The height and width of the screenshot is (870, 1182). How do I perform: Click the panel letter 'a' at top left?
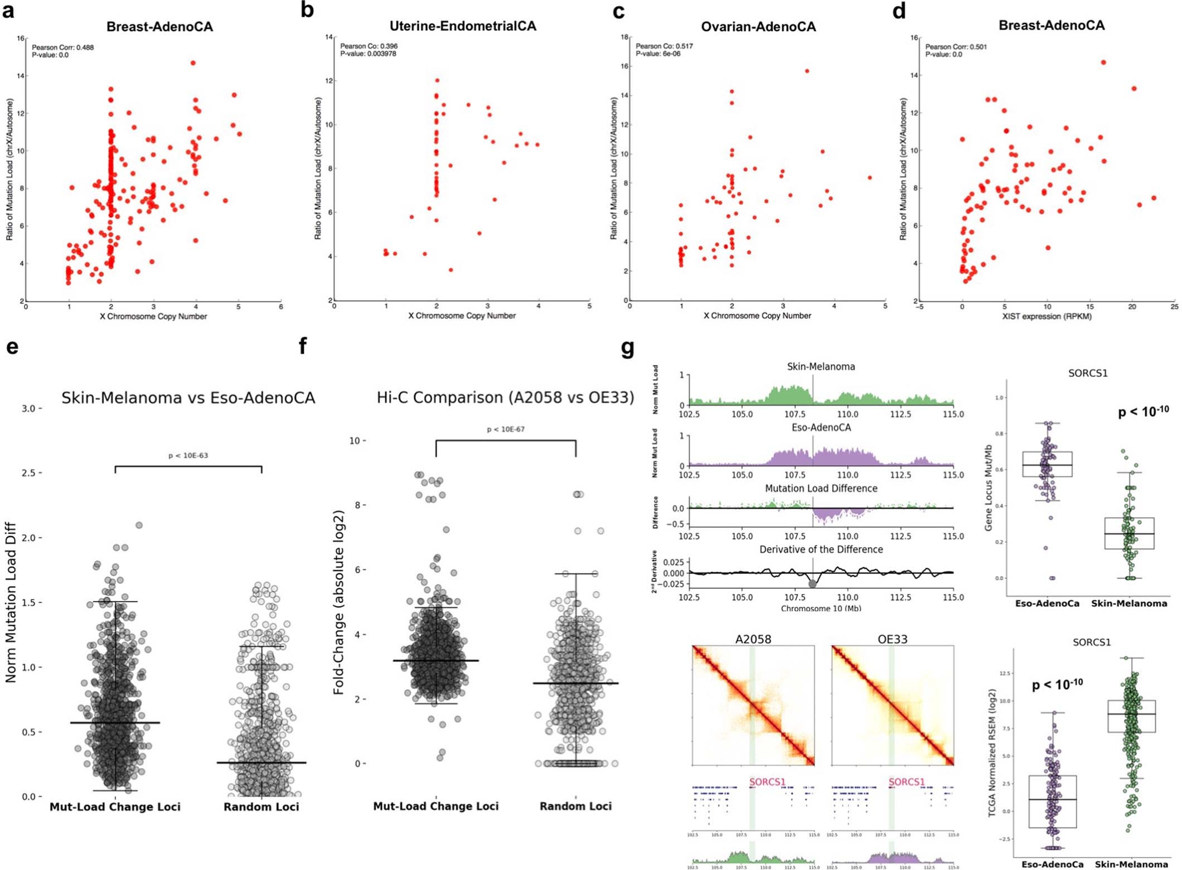click(x=8, y=11)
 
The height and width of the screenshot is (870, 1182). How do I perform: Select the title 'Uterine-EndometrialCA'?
click(x=462, y=26)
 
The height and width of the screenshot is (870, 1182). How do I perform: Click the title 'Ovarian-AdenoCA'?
click(x=758, y=27)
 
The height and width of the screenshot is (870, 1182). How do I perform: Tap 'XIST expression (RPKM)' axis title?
click(x=1047, y=316)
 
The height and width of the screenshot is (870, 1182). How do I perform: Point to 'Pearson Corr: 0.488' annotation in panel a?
click(x=62, y=47)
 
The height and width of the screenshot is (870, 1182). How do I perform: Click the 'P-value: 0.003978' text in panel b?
click(x=368, y=54)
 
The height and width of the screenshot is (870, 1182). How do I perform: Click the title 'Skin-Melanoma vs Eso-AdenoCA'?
click(x=188, y=398)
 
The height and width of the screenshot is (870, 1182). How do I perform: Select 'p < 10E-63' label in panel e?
click(x=188, y=456)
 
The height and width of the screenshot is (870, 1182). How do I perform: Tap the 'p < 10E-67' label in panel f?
click(x=505, y=429)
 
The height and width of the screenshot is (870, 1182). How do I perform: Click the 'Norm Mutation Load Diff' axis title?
click(x=11, y=602)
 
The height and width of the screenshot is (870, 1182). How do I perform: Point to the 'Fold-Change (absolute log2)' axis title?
click(x=338, y=602)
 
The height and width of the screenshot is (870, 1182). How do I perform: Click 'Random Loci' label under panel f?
click(x=575, y=806)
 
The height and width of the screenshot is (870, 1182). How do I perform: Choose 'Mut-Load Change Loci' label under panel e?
click(x=115, y=807)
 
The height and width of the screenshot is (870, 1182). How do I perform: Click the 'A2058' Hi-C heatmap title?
click(x=753, y=639)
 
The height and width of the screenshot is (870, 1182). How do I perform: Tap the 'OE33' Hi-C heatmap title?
click(x=892, y=639)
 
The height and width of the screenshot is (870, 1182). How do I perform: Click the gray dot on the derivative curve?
click(x=812, y=584)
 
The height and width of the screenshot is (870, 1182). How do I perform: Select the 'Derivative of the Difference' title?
click(x=821, y=549)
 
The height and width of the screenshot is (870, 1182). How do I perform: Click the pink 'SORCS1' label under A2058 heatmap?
click(x=767, y=782)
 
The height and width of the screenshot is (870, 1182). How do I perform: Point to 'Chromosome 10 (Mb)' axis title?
click(x=821, y=608)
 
